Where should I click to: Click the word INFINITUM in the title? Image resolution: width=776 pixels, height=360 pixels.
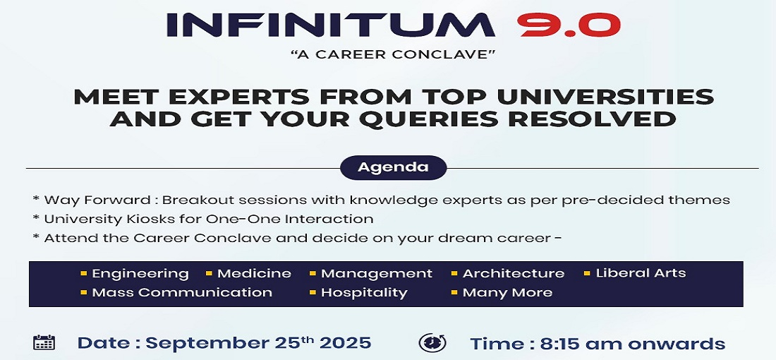click(331, 25)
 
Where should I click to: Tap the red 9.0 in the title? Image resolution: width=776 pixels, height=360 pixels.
click(569, 25)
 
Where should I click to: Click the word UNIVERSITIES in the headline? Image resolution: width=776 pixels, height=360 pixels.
click(605, 97)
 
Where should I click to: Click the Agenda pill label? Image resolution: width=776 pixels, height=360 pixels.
click(394, 167)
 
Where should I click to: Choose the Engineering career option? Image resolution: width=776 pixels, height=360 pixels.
click(140, 274)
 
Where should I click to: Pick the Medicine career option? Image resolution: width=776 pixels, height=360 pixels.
click(254, 273)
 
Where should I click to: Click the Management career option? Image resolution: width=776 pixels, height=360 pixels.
click(377, 274)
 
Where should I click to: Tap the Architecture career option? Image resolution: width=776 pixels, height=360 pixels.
click(513, 273)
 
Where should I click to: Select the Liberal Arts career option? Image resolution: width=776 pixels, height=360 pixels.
click(641, 273)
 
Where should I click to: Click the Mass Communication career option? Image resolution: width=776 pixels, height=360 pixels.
click(182, 293)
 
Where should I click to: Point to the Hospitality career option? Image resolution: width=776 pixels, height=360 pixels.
click(364, 293)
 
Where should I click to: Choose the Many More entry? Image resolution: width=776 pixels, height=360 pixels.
click(507, 293)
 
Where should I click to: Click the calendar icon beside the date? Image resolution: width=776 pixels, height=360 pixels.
click(44, 342)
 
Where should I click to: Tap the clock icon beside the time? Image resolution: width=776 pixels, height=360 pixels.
click(432, 342)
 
